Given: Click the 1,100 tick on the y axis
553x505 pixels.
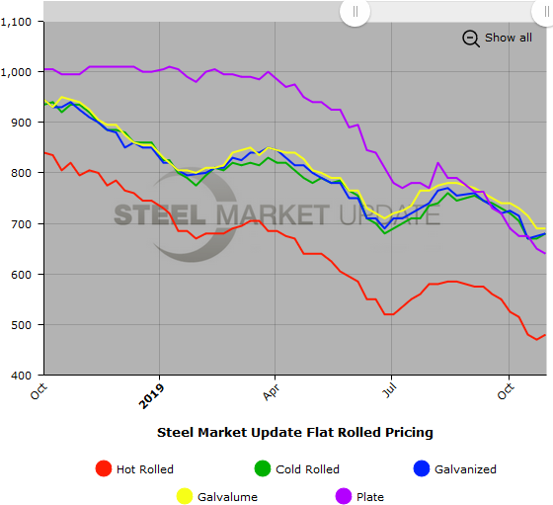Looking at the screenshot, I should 19,22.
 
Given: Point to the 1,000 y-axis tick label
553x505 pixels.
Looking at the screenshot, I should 19,72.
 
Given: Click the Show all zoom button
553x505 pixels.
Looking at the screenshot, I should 508,38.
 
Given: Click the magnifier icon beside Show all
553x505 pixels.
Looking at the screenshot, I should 471,39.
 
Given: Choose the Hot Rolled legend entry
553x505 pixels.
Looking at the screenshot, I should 144,469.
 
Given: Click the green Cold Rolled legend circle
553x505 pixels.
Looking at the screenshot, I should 264,469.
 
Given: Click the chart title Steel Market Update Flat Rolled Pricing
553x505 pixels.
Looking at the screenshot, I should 294,432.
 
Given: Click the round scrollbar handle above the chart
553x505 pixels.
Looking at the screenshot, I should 355,11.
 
